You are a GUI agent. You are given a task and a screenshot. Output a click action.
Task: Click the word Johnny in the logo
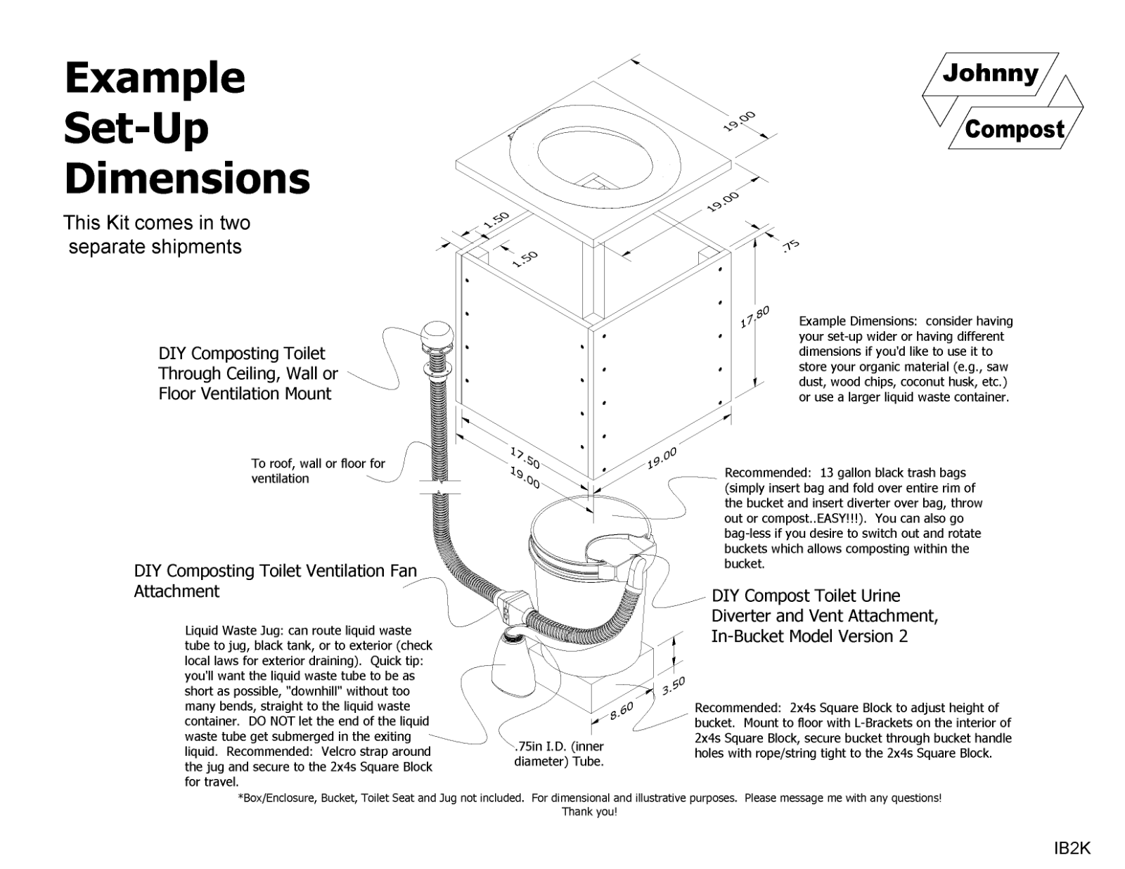click(990, 73)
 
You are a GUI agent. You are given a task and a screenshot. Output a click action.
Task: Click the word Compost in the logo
click(1014, 129)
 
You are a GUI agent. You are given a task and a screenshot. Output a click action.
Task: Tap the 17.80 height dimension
click(755, 318)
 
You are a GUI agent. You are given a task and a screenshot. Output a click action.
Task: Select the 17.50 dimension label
click(525, 458)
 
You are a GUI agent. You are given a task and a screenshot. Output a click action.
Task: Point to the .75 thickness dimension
click(790, 245)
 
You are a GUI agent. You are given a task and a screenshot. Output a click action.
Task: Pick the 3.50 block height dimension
click(673, 686)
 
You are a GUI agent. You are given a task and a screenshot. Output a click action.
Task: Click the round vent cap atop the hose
click(437, 334)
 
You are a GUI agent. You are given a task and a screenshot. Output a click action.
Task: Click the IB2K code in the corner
click(1072, 849)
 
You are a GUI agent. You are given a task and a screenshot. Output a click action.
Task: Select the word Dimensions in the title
click(187, 179)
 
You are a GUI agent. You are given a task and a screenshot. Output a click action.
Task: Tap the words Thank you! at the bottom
click(589, 812)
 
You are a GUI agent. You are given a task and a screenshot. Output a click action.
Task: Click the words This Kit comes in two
click(157, 223)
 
